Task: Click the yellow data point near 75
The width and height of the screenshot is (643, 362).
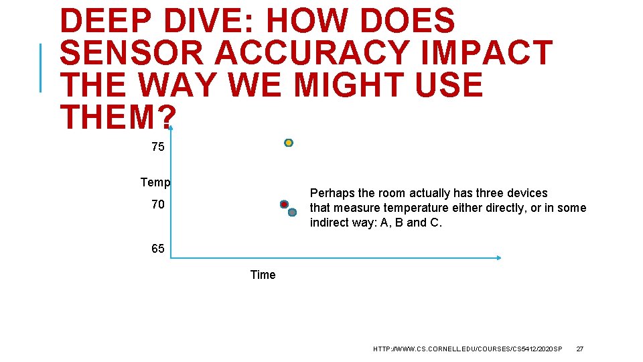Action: click(289, 143)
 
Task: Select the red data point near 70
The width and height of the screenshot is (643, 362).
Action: click(284, 204)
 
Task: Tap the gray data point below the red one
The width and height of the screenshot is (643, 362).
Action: click(292, 213)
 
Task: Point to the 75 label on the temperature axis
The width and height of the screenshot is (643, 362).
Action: click(157, 147)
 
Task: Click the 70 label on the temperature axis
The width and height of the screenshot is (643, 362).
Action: click(157, 204)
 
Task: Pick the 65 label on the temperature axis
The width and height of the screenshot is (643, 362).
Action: click(157, 249)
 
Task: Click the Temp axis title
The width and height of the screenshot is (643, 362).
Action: click(155, 182)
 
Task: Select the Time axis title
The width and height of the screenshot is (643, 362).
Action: click(263, 274)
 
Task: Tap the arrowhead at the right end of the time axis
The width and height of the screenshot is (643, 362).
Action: click(500, 257)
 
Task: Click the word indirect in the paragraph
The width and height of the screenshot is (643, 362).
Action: click(333, 223)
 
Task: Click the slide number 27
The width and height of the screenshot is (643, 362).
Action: click(580, 349)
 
